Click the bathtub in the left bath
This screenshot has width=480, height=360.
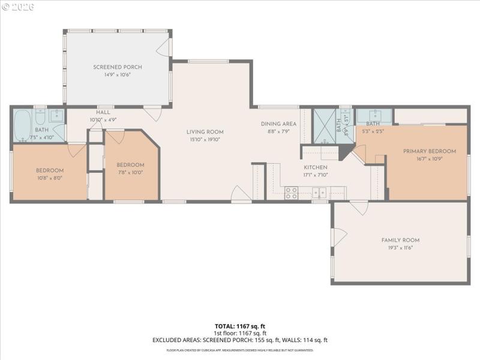(x=23, y=124)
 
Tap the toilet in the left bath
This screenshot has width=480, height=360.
(x=40, y=118)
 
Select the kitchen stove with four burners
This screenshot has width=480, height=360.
(x=291, y=193)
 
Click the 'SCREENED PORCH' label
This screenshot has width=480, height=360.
(x=117, y=67)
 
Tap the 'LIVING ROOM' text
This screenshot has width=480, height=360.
(x=205, y=132)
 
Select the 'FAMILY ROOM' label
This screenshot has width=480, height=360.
(x=400, y=240)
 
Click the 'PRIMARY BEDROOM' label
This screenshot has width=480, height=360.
(x=429, y=151)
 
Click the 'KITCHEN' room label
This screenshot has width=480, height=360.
(x=315, y=167)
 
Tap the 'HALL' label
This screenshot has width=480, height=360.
(x=103, y=112)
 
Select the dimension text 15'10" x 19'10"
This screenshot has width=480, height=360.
(x=205, y=140)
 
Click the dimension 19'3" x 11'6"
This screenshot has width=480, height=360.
(x=400, y=247)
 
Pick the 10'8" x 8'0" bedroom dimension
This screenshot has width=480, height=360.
(x=49, y=178)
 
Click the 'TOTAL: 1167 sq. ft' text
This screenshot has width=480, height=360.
(x=240, y=326)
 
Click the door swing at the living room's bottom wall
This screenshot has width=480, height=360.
(x=241, y=194)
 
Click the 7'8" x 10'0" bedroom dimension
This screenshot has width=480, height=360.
(x=130, y=173)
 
